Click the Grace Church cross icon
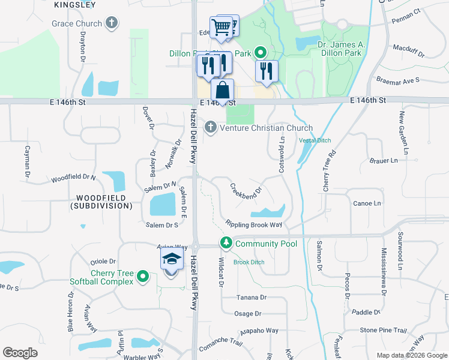coord(110,23)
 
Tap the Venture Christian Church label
coord(267,128)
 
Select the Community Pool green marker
coord(226,244)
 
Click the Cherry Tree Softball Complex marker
coord(142,277)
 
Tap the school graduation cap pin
coord(171,260)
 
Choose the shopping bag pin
coord(222,91)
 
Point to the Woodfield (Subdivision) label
coord(101,202)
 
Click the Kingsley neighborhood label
coord(75,4)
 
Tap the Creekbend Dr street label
coord(247,188)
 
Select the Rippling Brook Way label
coord(254,224)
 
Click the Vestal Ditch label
coord(315,140)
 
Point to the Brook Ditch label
coord(249,262)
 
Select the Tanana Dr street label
coord(251,297)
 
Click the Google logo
coord(20,353)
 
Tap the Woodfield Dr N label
coord(73,178)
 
